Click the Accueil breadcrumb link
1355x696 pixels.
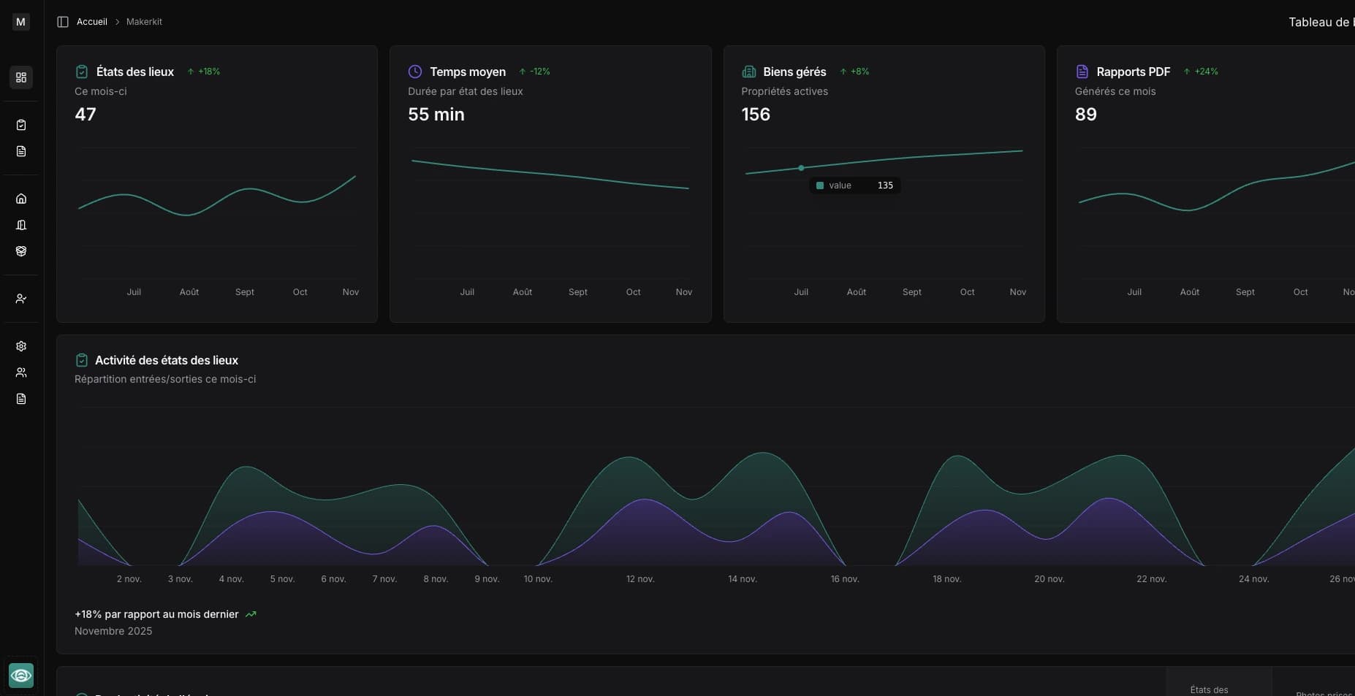tap(91, 22)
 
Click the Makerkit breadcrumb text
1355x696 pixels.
tap(144, 22)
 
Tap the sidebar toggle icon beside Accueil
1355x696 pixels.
tap(63, 22)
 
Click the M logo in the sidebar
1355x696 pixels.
tap(20, 22)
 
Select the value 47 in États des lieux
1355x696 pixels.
tap(86, 115)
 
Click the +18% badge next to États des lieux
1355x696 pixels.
tap(204, 72)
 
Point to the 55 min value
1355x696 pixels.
tap(436, 115)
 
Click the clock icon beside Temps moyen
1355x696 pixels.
tap(414, 72)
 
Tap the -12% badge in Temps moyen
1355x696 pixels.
tap(535, 72)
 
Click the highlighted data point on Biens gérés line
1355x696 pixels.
tap(801, 168)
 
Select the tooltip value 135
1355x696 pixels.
tap(885, 186)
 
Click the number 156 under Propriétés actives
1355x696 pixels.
tap(755, 115)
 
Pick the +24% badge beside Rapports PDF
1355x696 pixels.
tap(1201, 72)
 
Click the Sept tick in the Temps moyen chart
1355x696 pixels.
tap(577, 292)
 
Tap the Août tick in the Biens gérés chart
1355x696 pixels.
tap(856, 292)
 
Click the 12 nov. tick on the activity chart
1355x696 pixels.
tap(640, 579)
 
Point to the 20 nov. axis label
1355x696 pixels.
tap(1049, 579)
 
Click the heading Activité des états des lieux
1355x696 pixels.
tap(166, 360)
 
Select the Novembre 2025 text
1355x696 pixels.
tap(113, 631)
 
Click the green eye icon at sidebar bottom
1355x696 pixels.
tap(20, 676)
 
